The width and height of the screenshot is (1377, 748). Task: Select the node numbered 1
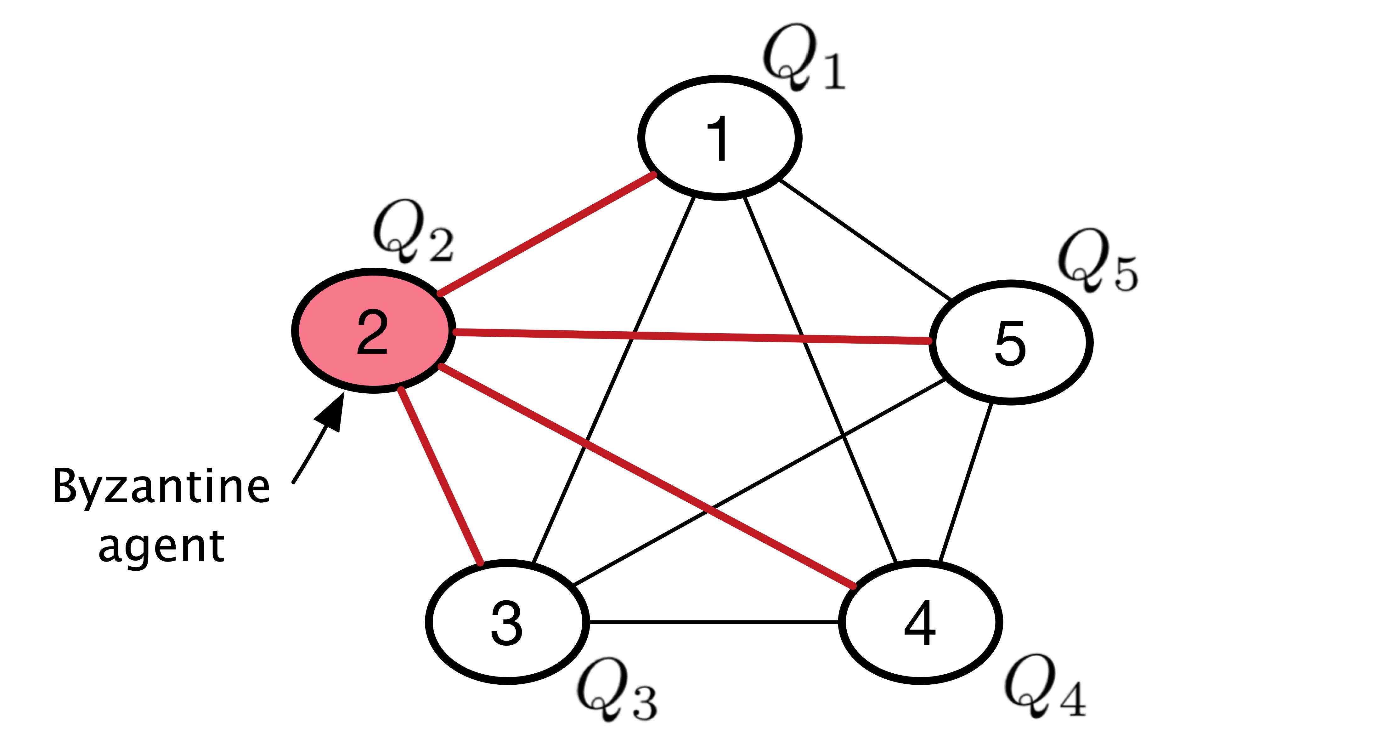[x=720, y=138]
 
